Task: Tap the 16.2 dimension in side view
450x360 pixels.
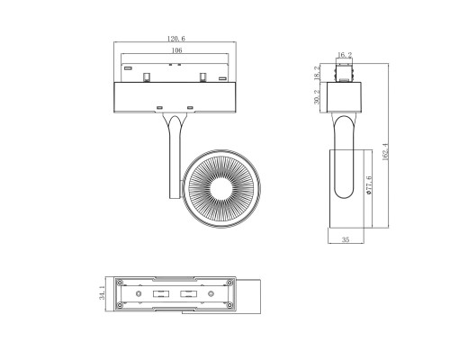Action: pyautogui.click(x=343, y=55)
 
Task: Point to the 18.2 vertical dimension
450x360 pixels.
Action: pyautogui.click(x=317, y=72)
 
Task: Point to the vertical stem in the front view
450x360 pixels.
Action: pyautogui.click(x=174, y=153)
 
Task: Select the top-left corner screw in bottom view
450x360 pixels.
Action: pyautogui.click(x=121, y=281)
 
